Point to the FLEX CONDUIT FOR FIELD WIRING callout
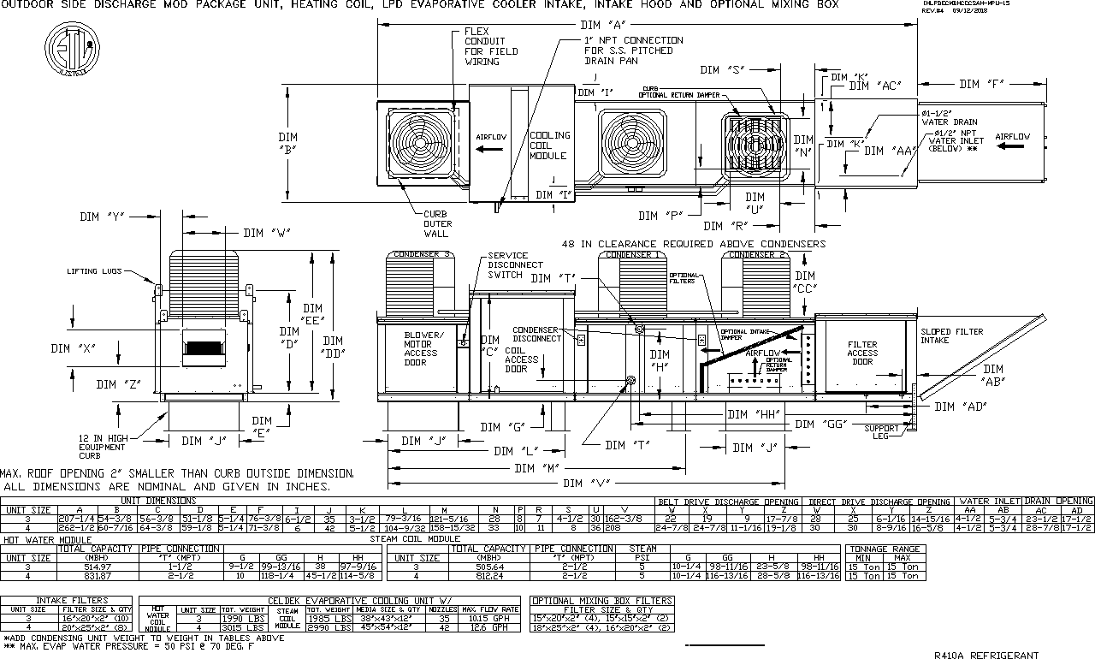(x=484, y=46)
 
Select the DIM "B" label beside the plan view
(x=287, y=142)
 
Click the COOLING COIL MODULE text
(x=548, y=145)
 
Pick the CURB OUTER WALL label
(x=437, y=223)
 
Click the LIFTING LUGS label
(x=95, y=271)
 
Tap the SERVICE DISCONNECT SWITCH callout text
(x=508, y=265)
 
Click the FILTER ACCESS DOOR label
(x=862, y=353)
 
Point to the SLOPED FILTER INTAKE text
(x=951, y=335)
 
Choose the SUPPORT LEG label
(x=881, y=432)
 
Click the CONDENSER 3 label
(x=421, y=254)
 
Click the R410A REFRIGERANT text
(x=986, y=655)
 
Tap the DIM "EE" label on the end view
(x=312, y=314)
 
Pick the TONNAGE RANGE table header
(x=885, y=549)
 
